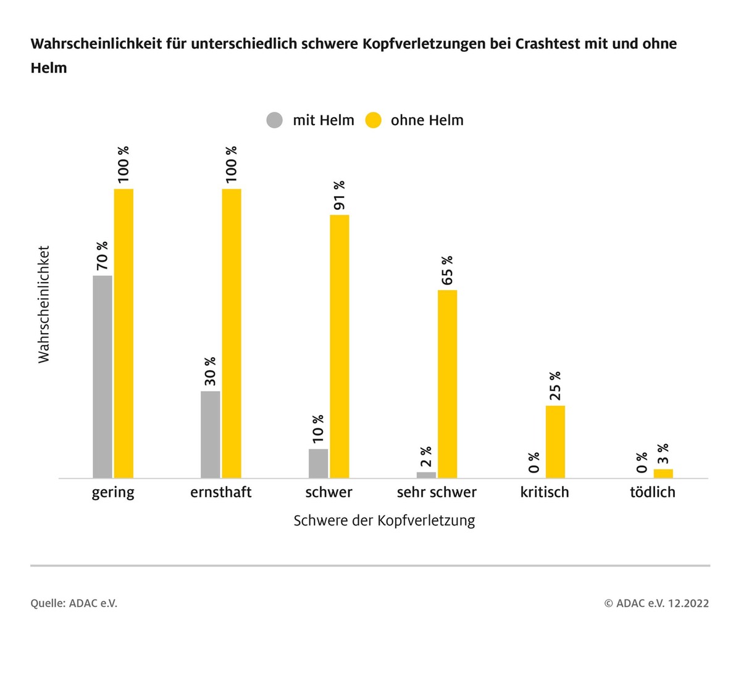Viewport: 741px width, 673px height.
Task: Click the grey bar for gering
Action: coord(103,376)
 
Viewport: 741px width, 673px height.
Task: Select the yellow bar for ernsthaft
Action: coord(232,333)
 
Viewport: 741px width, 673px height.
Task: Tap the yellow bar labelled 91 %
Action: coord(340,346)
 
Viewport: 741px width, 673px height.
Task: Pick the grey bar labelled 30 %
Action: coord(211,434)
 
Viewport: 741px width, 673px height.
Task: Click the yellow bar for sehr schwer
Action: coord(448,384)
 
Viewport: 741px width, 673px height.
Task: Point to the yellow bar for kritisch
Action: coord(555,442)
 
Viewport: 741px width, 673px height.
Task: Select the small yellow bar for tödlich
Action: coord(663,474)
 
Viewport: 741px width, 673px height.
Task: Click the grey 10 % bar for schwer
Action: coord(319,463)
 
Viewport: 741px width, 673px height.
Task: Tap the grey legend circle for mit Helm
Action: coord(275,120)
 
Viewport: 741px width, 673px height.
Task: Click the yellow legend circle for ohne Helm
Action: coord(374,120)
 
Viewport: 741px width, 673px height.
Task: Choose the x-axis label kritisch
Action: coord(545,492)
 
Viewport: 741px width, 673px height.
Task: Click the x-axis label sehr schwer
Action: coord(437,492)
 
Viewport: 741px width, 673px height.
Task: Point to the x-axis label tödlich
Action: coord(653,492)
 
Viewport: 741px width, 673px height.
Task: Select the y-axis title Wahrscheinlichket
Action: coord(44,305)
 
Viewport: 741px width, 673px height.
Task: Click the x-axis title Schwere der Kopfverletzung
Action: coord(384,521)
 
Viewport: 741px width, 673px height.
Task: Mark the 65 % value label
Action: coord(448,270)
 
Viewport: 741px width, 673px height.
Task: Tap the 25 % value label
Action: coord(555,386)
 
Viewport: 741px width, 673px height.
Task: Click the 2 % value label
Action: coord(426,458)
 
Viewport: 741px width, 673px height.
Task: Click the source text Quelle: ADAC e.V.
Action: coord(74,603)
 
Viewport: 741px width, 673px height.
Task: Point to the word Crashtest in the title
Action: coord(548,44)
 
